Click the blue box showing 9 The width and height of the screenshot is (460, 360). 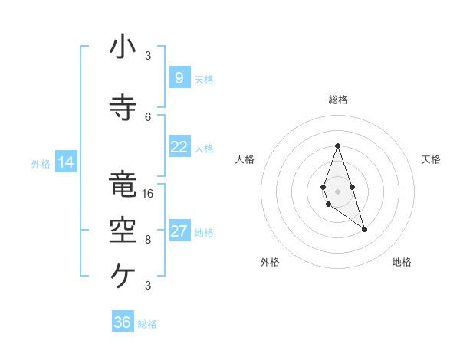(179, 78)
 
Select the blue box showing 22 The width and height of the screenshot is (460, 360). (179, 147)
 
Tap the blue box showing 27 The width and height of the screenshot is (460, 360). (179, 232)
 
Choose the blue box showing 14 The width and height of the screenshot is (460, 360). (66, 162)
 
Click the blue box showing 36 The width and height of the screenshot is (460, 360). (123, 322)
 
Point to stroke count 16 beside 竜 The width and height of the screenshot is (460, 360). (148, 193)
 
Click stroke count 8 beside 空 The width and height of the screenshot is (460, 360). (148, 239)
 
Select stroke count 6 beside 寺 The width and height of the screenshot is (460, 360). (148, 116)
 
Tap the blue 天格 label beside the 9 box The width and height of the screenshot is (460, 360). (204, 79)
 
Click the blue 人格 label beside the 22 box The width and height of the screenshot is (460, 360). (204, 148)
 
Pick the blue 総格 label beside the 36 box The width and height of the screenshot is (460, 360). (147, 324)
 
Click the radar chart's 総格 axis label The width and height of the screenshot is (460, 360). (337, 100)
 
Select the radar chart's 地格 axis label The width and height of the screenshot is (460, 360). (402, 262)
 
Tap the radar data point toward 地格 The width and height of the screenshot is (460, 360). (364, 229)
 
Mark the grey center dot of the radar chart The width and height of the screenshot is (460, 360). (337, 190)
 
